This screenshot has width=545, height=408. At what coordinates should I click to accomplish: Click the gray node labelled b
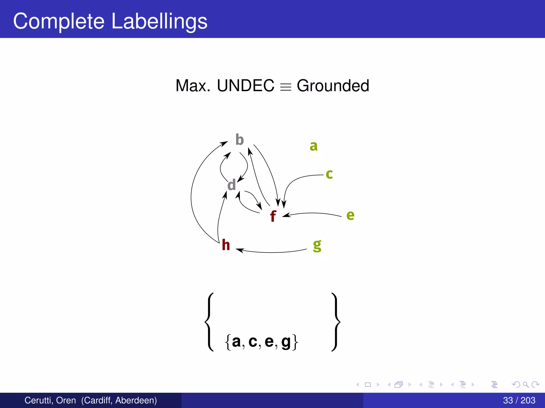(x=240, y=140)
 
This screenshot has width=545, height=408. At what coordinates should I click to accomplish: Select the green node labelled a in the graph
(x=313, y=146)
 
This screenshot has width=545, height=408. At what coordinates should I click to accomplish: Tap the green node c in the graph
(x=329, y=174)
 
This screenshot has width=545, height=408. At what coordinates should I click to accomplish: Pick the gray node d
(x=232, y=185)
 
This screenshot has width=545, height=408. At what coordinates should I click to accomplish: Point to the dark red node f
(x=273, y=216)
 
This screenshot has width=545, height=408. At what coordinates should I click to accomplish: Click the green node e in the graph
(x=350, y=215)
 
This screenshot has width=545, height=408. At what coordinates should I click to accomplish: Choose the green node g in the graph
(x=317, y=245)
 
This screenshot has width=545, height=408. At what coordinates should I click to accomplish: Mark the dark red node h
(x=226, y=245)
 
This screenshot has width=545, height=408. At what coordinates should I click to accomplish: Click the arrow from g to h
(x=271, y=252)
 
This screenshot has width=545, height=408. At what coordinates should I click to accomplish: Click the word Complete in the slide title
(x=59, y=21)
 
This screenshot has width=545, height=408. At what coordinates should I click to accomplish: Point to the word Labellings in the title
(x=159, y=21)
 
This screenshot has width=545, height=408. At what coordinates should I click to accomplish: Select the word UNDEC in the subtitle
(x=245, y=86)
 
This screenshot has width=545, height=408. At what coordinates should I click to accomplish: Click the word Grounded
(x=333, y=86)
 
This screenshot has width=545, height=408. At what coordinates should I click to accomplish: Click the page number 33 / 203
(x=519, y=400)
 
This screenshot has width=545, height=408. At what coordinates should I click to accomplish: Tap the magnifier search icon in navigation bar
(x=526, y=384)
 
